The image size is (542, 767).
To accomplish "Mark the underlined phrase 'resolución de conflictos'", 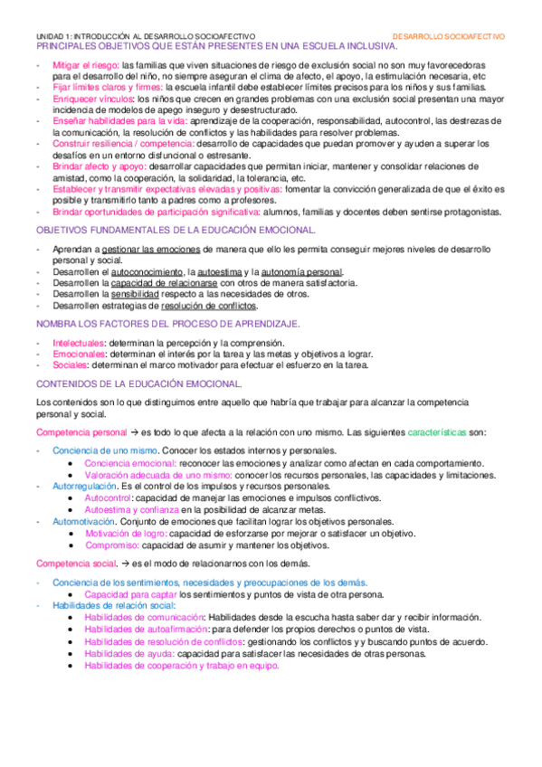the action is coord(199,305).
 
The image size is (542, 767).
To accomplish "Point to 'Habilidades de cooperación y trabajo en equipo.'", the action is coord(181,665).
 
